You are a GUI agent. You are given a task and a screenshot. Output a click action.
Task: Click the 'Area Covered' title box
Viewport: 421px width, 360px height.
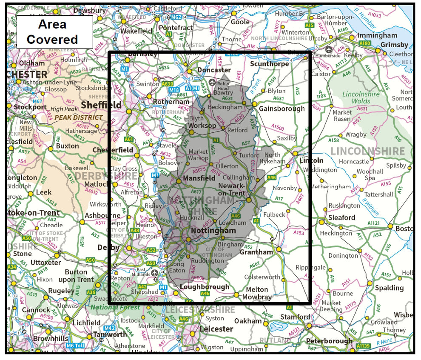click(x=52, y=32)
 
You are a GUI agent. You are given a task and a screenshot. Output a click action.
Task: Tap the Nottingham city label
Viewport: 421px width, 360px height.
click(x=213, y=231)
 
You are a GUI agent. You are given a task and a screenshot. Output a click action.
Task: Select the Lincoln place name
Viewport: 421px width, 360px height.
click(x=311, y=160)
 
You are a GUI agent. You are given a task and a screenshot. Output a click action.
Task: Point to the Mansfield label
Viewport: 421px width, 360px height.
click(x=199, y=178)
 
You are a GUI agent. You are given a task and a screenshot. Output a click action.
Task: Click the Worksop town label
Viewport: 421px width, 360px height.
click(x=202, y=126)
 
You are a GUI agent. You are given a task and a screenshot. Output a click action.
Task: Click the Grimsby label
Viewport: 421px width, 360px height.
click(x=394, y=44)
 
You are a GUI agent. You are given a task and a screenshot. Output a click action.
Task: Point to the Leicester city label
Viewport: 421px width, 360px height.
click(x=216, y=329)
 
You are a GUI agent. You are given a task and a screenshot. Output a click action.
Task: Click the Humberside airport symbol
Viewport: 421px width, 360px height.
click(x=328, y=49)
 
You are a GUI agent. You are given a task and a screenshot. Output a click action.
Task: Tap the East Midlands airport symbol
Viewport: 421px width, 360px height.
click(x=154, y=272)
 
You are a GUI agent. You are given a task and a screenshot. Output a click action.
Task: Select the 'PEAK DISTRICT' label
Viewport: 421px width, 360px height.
click(x=79, y=117)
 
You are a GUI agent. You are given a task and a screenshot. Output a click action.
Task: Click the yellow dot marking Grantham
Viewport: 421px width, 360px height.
click(x=279, y=249)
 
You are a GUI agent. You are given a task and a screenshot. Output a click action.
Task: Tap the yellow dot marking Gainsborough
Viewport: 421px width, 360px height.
click(x=254, y=104)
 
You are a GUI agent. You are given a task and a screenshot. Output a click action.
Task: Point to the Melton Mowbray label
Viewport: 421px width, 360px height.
click(x=257, y=293)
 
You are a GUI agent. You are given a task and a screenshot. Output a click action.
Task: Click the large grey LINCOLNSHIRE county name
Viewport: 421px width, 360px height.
click(x=367, y=151)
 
